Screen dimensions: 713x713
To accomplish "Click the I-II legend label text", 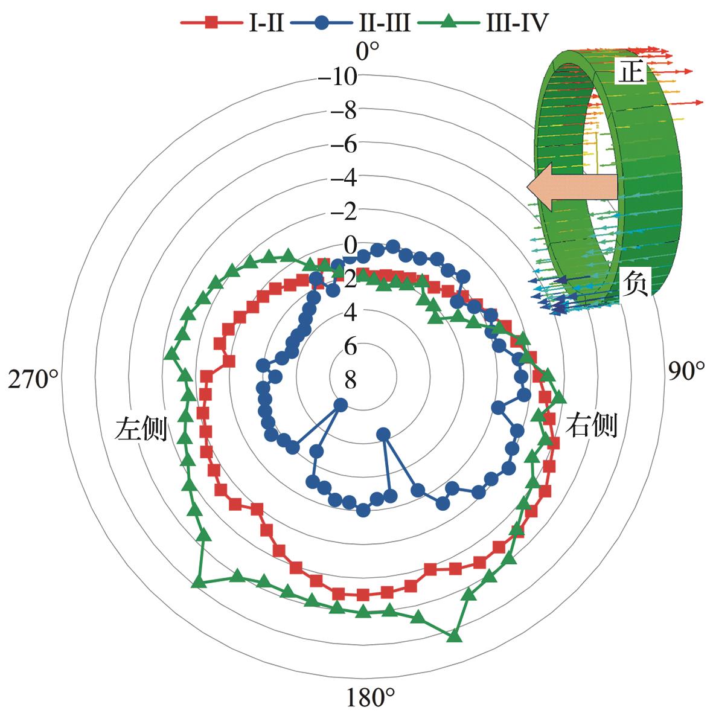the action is (x=266, y=22).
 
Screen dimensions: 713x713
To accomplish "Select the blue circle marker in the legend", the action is (x=321, y=22).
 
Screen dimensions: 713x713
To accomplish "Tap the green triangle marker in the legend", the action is (x=449, y=21).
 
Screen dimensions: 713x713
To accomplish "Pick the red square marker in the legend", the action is (x=211, y=22).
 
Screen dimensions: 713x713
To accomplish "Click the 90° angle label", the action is (x=686, y=371).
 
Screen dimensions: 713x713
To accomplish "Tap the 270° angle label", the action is (x=33, y=379).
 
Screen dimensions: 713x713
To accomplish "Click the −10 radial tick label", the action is (x=337, y=77).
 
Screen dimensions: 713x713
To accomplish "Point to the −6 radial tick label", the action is (x=344, y=144).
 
